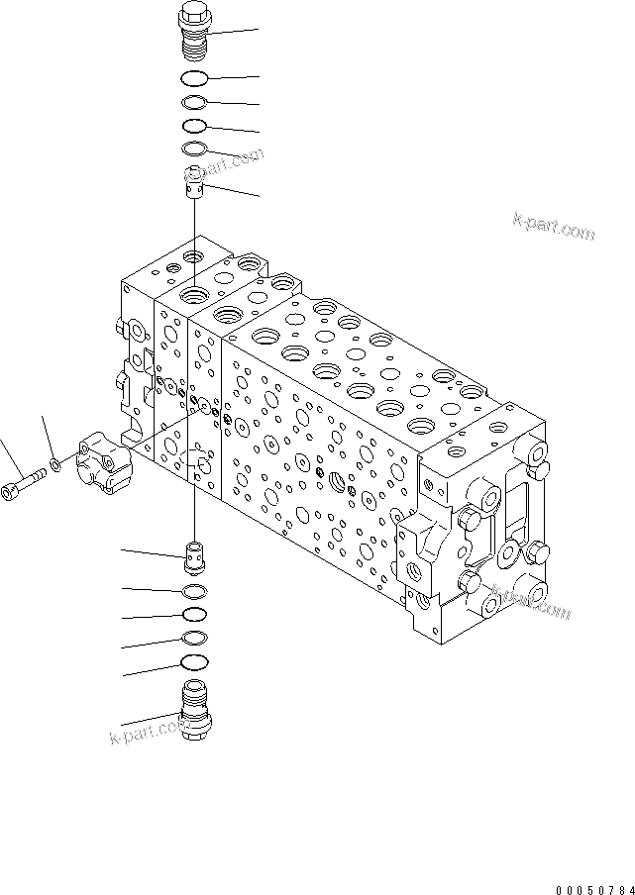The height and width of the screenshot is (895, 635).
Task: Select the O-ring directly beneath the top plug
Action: [194, 79]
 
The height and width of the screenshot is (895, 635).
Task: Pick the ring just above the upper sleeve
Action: [194, 149]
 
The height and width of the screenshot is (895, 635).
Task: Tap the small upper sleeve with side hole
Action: [195, 181]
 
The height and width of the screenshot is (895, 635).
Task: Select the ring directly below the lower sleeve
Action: [196, 591]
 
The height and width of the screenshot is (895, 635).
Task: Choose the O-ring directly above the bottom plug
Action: [196, 662]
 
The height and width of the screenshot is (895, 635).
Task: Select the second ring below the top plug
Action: [194, 103]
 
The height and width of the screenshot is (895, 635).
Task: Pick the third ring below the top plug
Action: [194, 127]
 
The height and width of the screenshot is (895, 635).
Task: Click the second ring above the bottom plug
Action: [196, 639]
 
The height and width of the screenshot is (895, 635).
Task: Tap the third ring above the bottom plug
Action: [196, 615]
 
